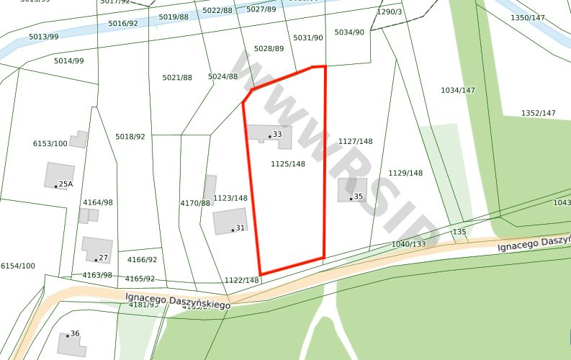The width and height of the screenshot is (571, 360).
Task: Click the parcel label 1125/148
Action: [x=288, y=164]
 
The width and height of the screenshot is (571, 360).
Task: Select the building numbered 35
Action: [x=352, y=190]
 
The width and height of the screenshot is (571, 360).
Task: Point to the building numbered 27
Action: [x=96, y=250]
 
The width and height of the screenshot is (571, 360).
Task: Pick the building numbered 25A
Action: [x=59, y=176]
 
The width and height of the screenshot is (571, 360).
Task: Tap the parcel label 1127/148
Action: [x=356, y=142]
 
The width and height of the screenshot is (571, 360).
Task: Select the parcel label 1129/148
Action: [x=405, y=174]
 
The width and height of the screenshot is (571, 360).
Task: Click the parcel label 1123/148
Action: [x=230, y=198]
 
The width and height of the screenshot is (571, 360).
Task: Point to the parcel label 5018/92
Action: [x=130, y=137]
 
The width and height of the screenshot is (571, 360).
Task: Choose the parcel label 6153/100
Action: [x=50, y=144]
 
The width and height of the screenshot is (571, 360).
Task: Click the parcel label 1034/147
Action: [x=458, y=90]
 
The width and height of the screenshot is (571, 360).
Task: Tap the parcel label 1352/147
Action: [x=539, y=113]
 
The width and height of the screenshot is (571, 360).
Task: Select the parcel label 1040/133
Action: [x=409, y=244]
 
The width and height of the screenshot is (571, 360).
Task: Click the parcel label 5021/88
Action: [x=177, y=78]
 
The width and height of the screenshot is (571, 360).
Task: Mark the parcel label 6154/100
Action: [x=18, y=266]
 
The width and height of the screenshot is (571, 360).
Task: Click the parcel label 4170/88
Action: [x=195, y=204]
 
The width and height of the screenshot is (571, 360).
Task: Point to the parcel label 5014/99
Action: [x=69, y=61]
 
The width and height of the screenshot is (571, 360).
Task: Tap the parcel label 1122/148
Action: [x=241, y=281]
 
